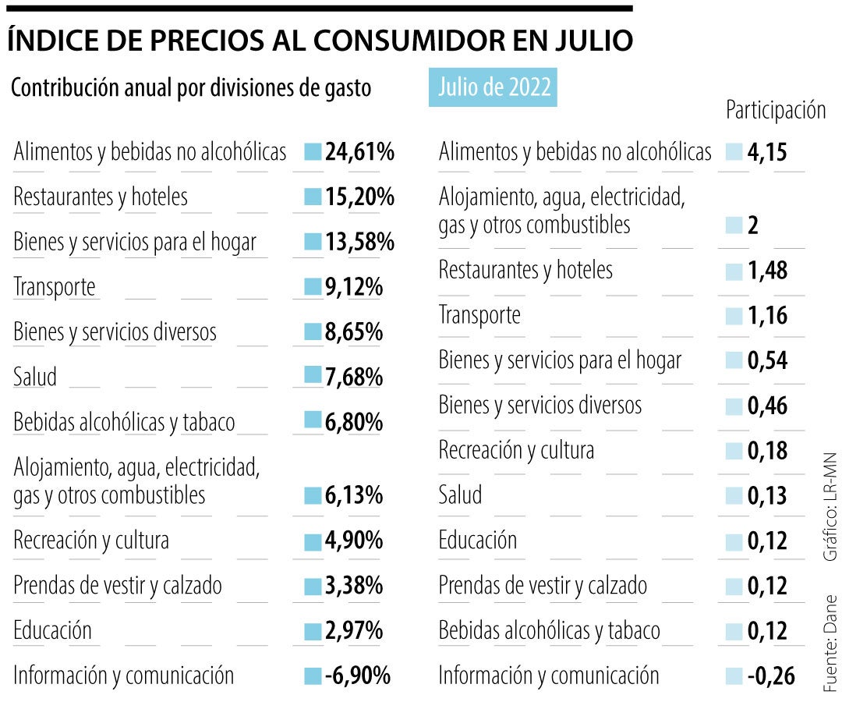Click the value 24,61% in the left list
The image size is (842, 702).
point(359,152)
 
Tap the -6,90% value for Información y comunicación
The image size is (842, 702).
point(357,675)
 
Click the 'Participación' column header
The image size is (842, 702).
point(775,111)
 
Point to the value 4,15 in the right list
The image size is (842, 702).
point(767,152)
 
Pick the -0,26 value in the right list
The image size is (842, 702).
point(771,675)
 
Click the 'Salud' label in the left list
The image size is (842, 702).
point(35,378)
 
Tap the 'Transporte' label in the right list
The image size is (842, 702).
point(479,316)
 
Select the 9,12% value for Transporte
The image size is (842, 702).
point(353,288)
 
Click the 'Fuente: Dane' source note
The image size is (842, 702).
point(830,644)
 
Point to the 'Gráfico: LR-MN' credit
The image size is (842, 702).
point(830,507)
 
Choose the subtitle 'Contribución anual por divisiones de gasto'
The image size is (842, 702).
point(191,88)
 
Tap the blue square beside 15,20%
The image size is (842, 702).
point(313,197)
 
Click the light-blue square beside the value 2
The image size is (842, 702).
point(734,226)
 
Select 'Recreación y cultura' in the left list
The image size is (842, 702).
point(91,541)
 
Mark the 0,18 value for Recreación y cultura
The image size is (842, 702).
point(767,451)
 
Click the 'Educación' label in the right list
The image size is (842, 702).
point(477,541)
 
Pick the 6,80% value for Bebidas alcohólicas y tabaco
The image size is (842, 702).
point(353,423)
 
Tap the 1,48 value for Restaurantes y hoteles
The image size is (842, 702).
point(767,271)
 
